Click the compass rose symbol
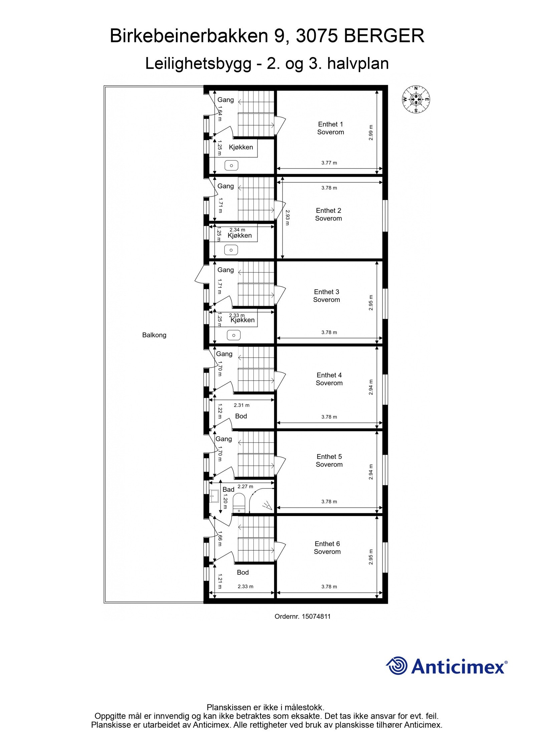(x=416, y=99)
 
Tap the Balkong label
(x=154, y=335)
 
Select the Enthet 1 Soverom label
(x=330, y=128)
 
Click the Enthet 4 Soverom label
(x=329, y=379)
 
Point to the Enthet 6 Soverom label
(x=327, y=547)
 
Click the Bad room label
(x=228, y=489)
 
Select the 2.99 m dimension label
(x=371, y=132)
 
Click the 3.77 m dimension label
(x=329, y=163)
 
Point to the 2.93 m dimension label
(x=288, y=217)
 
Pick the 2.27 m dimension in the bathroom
(x=245, y=486)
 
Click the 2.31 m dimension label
(x=241, y=405)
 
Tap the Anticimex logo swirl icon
(x=396, y=666)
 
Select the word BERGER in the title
(x=384, y=36)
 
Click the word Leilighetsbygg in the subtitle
(x=198, y=63)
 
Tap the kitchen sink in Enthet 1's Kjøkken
(x=231, y=165)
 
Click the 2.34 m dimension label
(x=237, y=230)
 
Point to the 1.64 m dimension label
(x=220, y=113)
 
